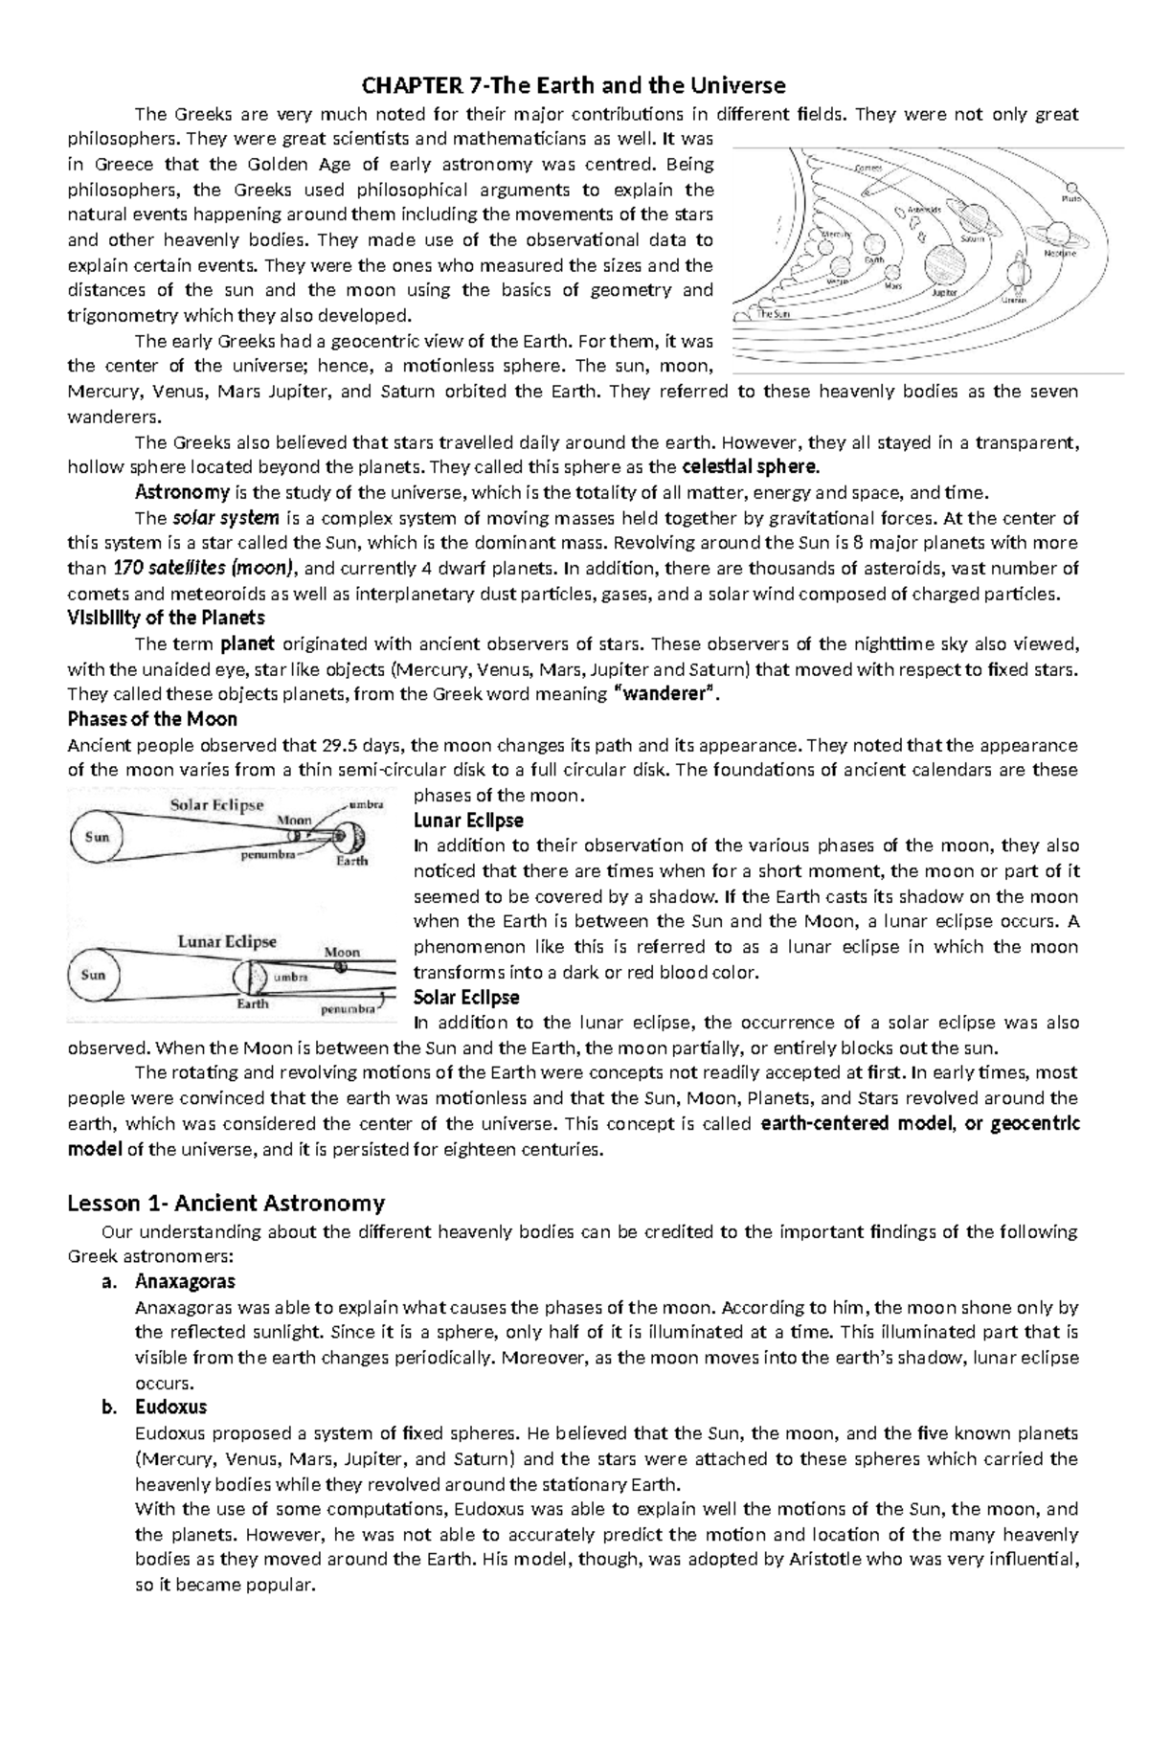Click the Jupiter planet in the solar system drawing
(x=945, y=261)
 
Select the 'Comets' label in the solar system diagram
(x=868, y=169)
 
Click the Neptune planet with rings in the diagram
(x=1057, y=233)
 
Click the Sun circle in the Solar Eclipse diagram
(x=97, y=836)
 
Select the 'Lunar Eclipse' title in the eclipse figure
(x=227, y=941)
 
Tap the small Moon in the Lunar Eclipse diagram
(x=342, y=968)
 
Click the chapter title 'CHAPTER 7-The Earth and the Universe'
(x=574, y=86)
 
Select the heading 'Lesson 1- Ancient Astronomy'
(x=226, y=1203)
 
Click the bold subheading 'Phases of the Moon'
(x=152, y=719)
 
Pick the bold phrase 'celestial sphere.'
(x=751, y=467)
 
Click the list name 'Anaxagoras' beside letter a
(x=185, y=1281)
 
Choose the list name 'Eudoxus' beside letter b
(x=170, y=1408)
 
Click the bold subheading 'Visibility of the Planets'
(x=166, y=618)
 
